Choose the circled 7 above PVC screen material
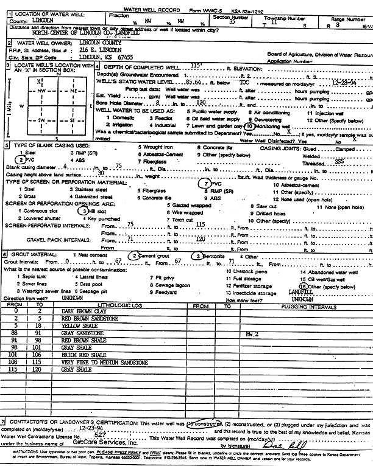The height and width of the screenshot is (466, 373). click(x=207, y=183)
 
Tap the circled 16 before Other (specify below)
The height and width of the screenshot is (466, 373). click(x=303, y=285)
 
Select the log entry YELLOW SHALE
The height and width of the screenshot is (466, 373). click(x=74, y=326)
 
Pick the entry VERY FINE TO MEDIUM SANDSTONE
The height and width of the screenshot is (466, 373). click(x=105, y=362)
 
